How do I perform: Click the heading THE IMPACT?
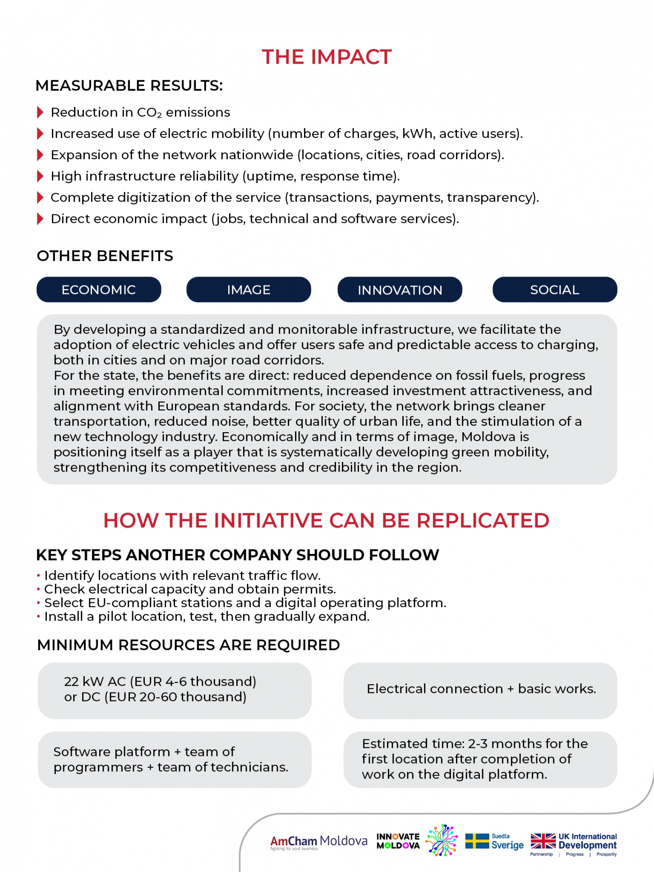point(327,57)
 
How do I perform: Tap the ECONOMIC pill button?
point(99,290)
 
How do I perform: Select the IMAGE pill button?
point(249,290)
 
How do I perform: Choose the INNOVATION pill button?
point(400,290)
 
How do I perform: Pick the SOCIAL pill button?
point(554,290)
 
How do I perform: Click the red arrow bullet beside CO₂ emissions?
point(40,112)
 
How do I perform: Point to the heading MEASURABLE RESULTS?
point(129,86)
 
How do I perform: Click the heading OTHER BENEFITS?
point(105,256)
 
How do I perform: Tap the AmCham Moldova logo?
point(318,842)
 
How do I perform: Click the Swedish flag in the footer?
point(477,841)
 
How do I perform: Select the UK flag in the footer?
point(543,841)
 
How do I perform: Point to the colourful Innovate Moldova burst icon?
point(442,840)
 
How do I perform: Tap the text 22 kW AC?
point(95,681)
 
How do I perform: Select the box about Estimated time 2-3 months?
point(480,759)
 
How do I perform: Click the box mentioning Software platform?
point(175,759)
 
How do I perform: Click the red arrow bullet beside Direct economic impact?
point(40,219)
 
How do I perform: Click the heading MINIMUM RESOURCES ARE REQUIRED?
point(189,645)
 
